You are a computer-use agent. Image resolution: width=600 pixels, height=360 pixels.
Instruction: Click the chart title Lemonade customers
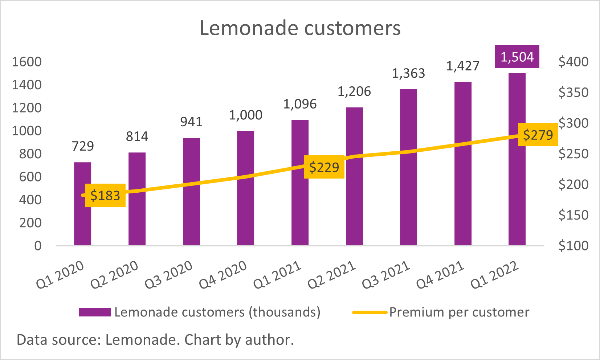(300, 28)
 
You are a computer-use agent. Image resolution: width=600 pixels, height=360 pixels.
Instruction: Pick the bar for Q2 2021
(354, 203)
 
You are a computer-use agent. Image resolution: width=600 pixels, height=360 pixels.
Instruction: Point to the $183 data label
(105, 196)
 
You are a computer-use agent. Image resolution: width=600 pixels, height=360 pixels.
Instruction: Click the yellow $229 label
(324, 167)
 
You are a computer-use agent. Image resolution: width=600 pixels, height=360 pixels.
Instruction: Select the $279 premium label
(538, 135)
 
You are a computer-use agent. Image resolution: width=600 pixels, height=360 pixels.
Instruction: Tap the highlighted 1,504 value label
(517, 57)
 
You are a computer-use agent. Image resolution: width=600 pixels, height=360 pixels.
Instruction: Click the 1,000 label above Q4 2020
(246, 115)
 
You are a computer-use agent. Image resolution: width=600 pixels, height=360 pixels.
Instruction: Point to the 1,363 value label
(408, 74)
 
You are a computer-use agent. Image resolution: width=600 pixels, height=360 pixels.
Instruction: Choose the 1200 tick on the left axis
(26, 108)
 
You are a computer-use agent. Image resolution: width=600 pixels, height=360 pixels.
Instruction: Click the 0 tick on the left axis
(38, 246)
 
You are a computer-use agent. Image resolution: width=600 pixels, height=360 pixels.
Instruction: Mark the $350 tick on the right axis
(574, 93)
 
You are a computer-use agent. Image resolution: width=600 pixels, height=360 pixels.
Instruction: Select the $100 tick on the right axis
(574, 246)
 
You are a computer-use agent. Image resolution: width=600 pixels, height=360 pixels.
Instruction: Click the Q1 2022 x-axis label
(495, 275)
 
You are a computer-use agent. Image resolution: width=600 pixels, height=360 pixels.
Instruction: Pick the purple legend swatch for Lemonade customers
(94, 312)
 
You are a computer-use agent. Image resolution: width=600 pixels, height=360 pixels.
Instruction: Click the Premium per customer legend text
(459, 312)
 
